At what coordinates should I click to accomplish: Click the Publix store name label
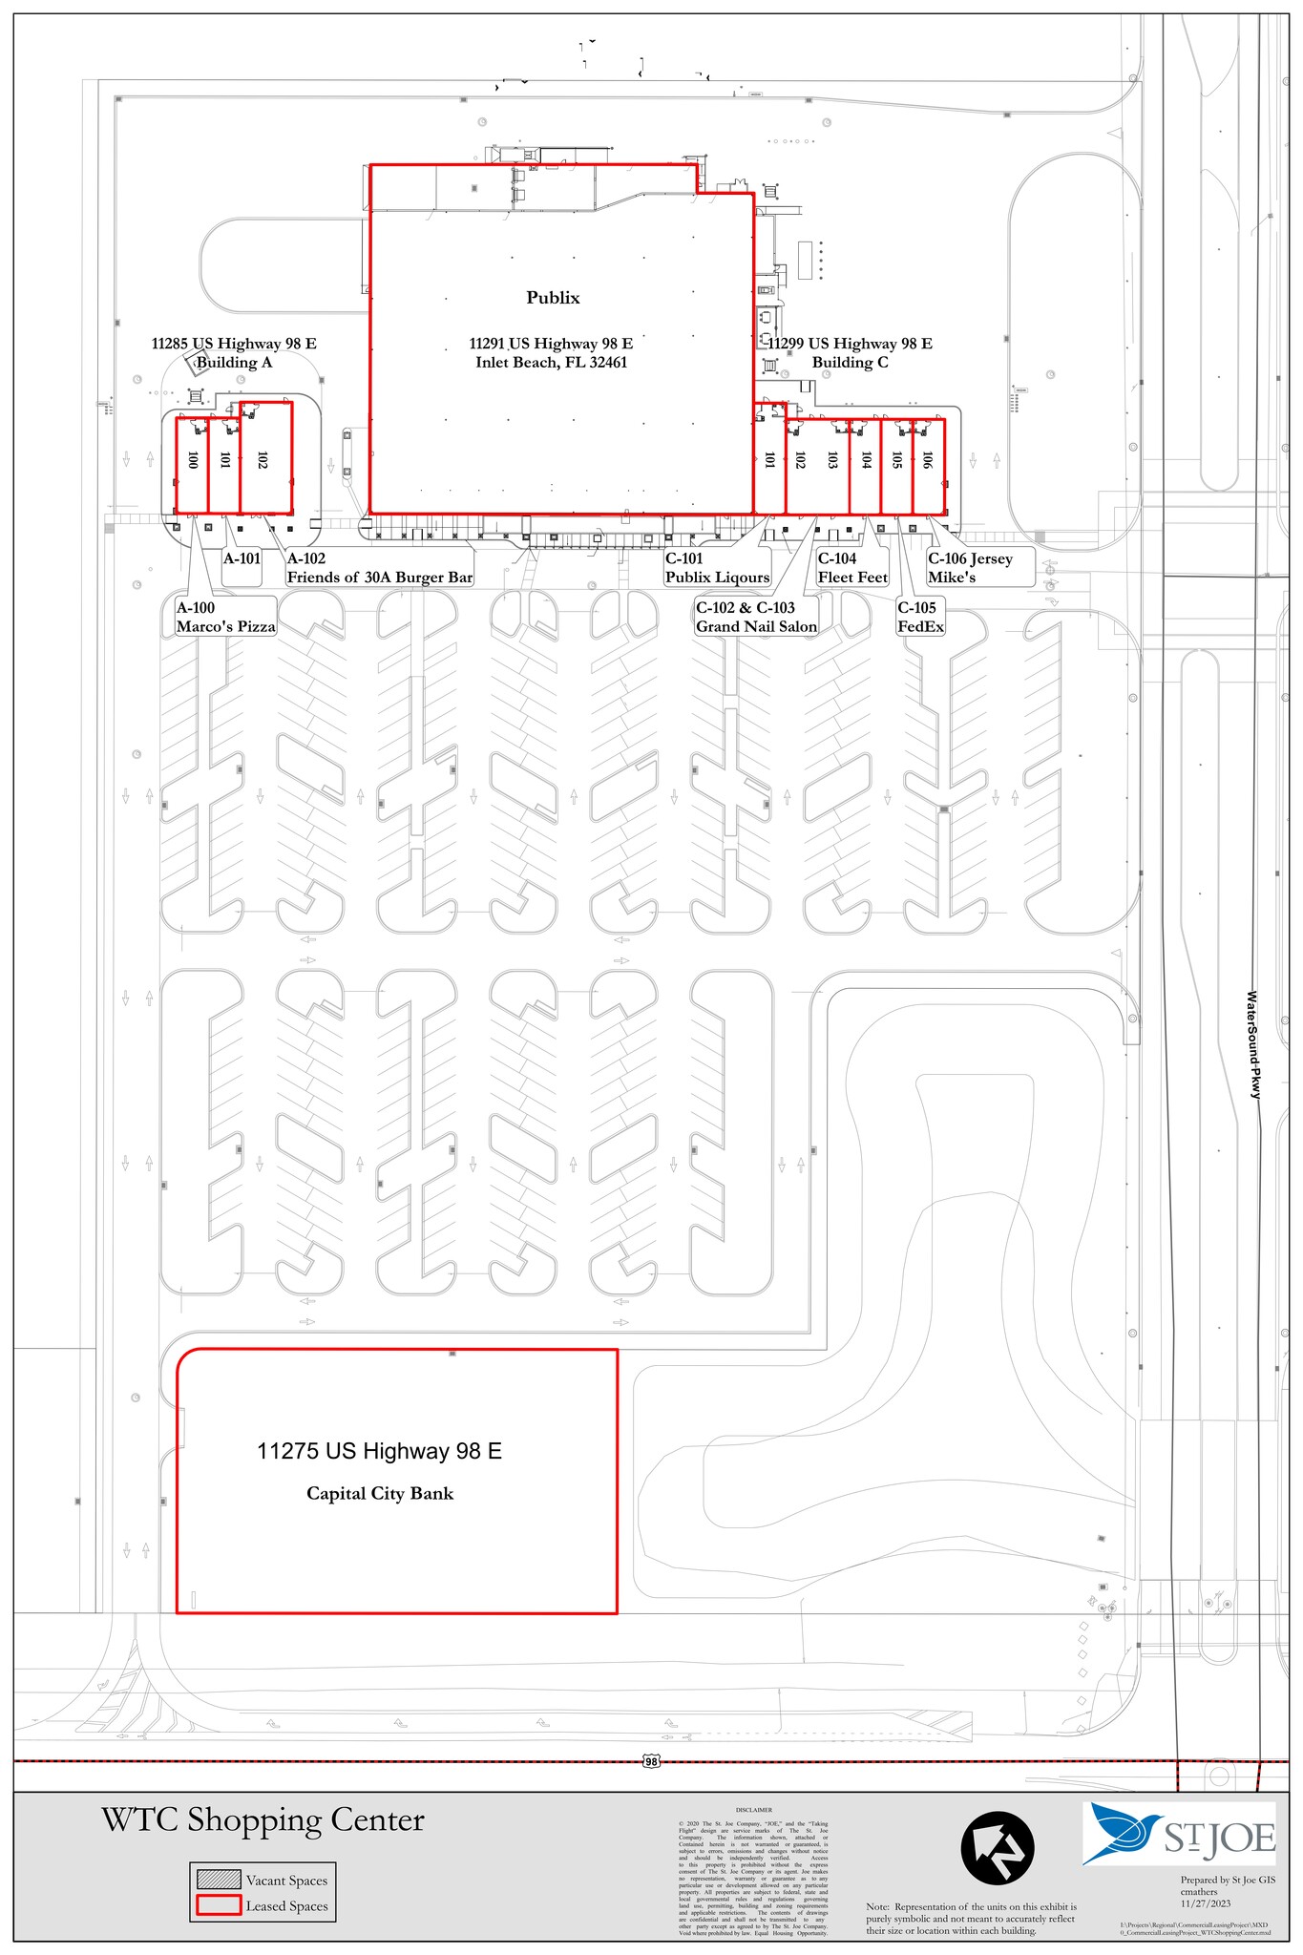(553, 298)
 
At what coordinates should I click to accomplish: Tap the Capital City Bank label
(380, 1493)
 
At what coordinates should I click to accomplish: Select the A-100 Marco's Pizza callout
(225, 618)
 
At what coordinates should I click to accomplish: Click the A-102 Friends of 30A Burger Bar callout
(379, 568)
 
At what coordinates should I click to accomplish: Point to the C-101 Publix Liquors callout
(717, 568)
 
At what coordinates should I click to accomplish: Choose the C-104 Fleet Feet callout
(851, 568)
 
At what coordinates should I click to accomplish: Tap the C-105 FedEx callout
(920, 618)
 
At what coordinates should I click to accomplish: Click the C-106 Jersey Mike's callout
(978, 568)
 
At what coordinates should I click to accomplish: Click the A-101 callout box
(242, 559)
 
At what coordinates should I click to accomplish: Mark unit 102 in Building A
(263, 460)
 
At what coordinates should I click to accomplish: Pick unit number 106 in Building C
(927, 460)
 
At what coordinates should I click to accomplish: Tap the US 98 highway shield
(651, 1761)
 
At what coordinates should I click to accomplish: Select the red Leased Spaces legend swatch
(218, 1906)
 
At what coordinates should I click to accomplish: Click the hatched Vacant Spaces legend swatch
(218, 1880)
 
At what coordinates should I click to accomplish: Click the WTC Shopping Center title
(263, 1820)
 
